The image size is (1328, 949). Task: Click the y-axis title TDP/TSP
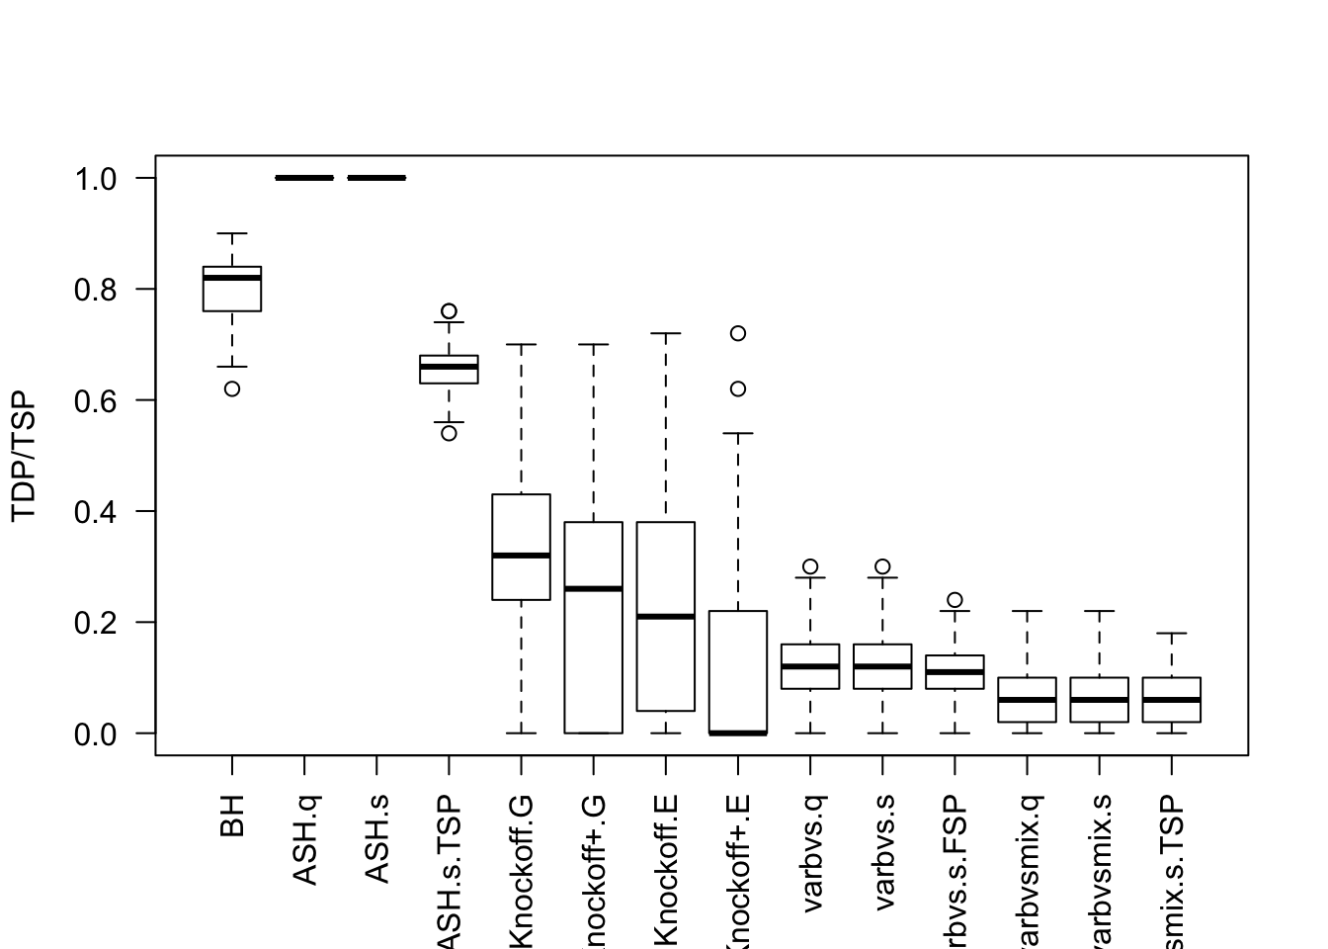[x=24, y=456]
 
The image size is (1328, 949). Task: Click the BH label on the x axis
[x=232, y=816]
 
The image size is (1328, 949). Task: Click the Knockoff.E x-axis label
[x=666, y=870]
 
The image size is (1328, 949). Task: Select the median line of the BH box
[x=232, y=278]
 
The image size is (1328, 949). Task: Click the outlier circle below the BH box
[x=232, y=388]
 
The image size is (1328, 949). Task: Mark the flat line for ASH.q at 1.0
[x=304, y=178]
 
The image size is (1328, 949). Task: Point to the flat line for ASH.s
[x=376, y=178]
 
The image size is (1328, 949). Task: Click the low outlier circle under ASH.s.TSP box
[x=449, y=433]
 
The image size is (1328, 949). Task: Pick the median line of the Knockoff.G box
[x=521, y=556]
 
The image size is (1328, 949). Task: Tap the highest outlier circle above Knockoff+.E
[x=738, y=333]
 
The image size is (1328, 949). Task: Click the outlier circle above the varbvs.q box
[x=810, y=566]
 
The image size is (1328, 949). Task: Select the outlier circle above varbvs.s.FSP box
[x=954, y=600]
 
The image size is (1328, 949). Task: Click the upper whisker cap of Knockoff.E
[x=666, y=333]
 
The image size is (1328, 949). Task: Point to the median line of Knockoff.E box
[x=666, y=617]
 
